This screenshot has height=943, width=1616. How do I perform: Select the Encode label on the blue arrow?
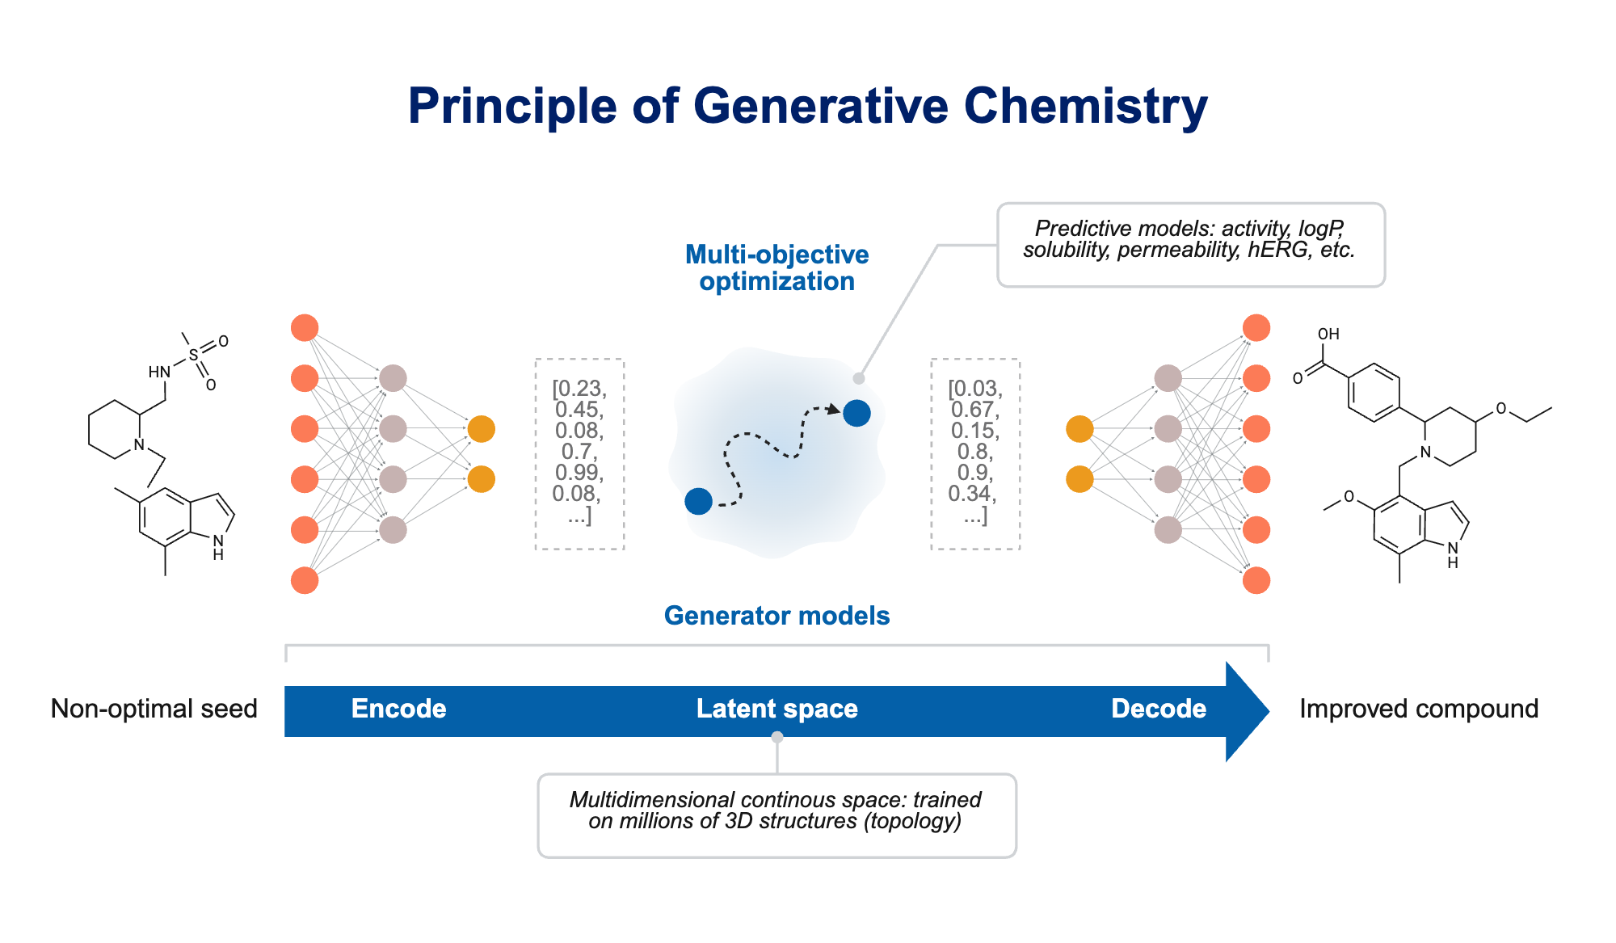[398, 709]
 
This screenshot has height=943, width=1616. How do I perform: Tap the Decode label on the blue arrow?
[1158, 709]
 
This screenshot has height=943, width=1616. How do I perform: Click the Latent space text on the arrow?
[776, 709]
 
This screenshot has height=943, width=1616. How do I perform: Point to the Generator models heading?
[776, 616]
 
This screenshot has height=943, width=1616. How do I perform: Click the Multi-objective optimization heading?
[776, 267]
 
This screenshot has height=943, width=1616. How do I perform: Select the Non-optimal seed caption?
[154, 709]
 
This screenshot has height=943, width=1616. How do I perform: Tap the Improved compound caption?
[1418, 709]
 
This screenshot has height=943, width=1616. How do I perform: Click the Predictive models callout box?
[1190, 245]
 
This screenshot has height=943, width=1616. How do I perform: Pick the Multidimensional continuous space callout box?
[776, 815]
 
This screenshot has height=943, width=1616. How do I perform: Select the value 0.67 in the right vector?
[974, 410]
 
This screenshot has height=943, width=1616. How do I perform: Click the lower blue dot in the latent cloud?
[698, 501]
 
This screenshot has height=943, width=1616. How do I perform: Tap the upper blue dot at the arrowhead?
[856, 413]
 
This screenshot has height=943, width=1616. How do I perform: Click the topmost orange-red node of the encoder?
[305, 328]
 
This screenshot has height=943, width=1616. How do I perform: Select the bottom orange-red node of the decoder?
[1256, 580]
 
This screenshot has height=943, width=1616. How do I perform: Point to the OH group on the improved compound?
[1328, 335]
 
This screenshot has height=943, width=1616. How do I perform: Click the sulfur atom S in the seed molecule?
[193, 355]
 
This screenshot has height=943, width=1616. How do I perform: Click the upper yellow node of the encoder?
[481, 429]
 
